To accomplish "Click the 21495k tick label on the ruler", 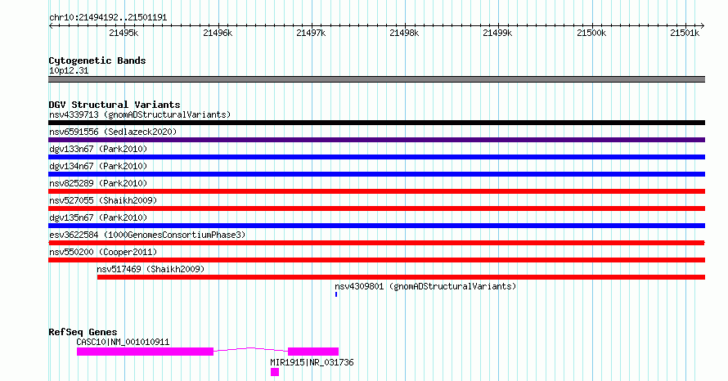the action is [x=124, y=33].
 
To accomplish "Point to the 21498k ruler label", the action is [x=404, y=33].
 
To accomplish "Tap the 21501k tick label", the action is [x=685, y=33].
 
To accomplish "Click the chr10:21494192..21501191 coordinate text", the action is [x=108, y=18].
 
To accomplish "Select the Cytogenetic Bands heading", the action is [x=97, y=61].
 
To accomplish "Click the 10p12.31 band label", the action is [x=69, y=70].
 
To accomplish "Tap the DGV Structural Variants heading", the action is [x=115, y=105].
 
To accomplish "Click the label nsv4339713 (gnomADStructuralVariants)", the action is [x=140, y=114].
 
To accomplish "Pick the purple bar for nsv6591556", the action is [x=376, y=140].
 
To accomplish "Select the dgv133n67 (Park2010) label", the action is [x=98, y=149].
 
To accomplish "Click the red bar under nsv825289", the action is [x=376, y=191].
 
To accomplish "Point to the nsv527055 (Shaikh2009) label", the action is [x=103, y=200].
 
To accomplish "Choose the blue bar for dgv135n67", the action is [x=376, y=226].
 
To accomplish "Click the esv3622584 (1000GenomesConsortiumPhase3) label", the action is [x=147, y=235].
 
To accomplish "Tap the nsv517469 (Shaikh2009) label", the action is [x=151, y=269].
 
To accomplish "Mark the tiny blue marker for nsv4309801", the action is [x=336, y=294].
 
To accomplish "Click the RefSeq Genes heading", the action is [x=83, y=332].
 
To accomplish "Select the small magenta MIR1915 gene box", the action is [x=275, y=372].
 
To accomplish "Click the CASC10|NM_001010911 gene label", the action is [x=123, y=342].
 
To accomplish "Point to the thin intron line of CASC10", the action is [x=251, y=347].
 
